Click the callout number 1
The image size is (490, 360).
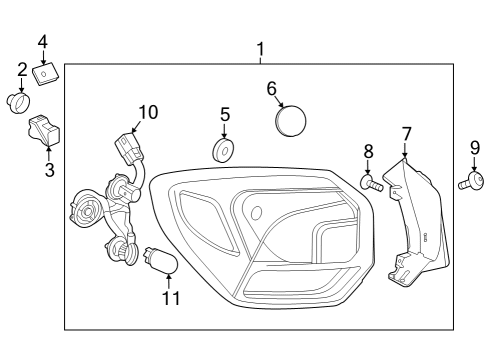coord(261,48)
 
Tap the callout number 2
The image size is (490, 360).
coord(22,69)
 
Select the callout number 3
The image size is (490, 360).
coord(49,169)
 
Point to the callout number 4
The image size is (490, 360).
coord(43,42)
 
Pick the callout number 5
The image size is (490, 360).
coord(225,114)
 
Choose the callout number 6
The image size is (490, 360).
coord(271,88)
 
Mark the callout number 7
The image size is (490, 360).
coord(406,132)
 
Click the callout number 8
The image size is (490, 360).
coord(369,151)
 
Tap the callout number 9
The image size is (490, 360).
coord(475,147)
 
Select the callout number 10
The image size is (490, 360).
coord(148,112)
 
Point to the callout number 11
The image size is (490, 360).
coord(171,298)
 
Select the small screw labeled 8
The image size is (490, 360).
coord(372,182)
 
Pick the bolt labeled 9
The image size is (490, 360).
coord(470,181)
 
